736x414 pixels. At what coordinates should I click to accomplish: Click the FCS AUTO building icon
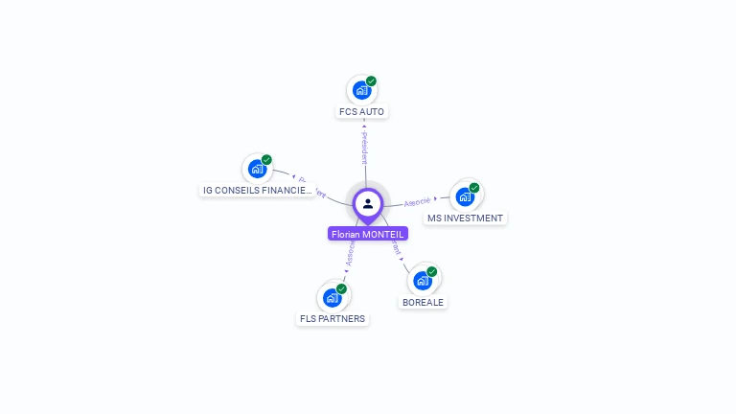(361, 91)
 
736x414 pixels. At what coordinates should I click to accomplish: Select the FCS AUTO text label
(361, 112)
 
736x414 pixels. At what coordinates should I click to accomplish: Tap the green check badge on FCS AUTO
(371, 81)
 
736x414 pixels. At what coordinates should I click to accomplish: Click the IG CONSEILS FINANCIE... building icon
(257, 170)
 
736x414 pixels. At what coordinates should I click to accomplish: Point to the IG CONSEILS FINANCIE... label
(257, 191)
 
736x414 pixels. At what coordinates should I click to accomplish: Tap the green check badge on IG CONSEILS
(266, 160)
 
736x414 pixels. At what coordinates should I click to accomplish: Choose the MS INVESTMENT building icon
(465, 197)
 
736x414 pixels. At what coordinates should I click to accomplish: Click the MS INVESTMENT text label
(465, 218)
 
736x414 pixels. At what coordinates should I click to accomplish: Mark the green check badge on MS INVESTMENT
(474, 188)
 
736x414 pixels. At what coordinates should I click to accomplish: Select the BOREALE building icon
(423, 281)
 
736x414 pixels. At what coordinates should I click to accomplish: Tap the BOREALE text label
(424, 302)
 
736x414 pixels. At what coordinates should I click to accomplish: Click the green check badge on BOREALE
(432, 272)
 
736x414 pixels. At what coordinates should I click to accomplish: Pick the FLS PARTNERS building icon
(332, 298)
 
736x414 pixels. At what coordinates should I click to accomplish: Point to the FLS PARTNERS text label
(332, 319)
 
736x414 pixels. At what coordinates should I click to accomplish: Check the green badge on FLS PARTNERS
(341, 288)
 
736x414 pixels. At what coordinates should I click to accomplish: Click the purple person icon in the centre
(368, 204)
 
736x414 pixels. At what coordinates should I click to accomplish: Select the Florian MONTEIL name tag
(368, 234)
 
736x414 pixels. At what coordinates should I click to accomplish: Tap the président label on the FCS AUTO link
(364, 146)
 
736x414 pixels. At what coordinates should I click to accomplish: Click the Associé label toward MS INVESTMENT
(418, 202)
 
